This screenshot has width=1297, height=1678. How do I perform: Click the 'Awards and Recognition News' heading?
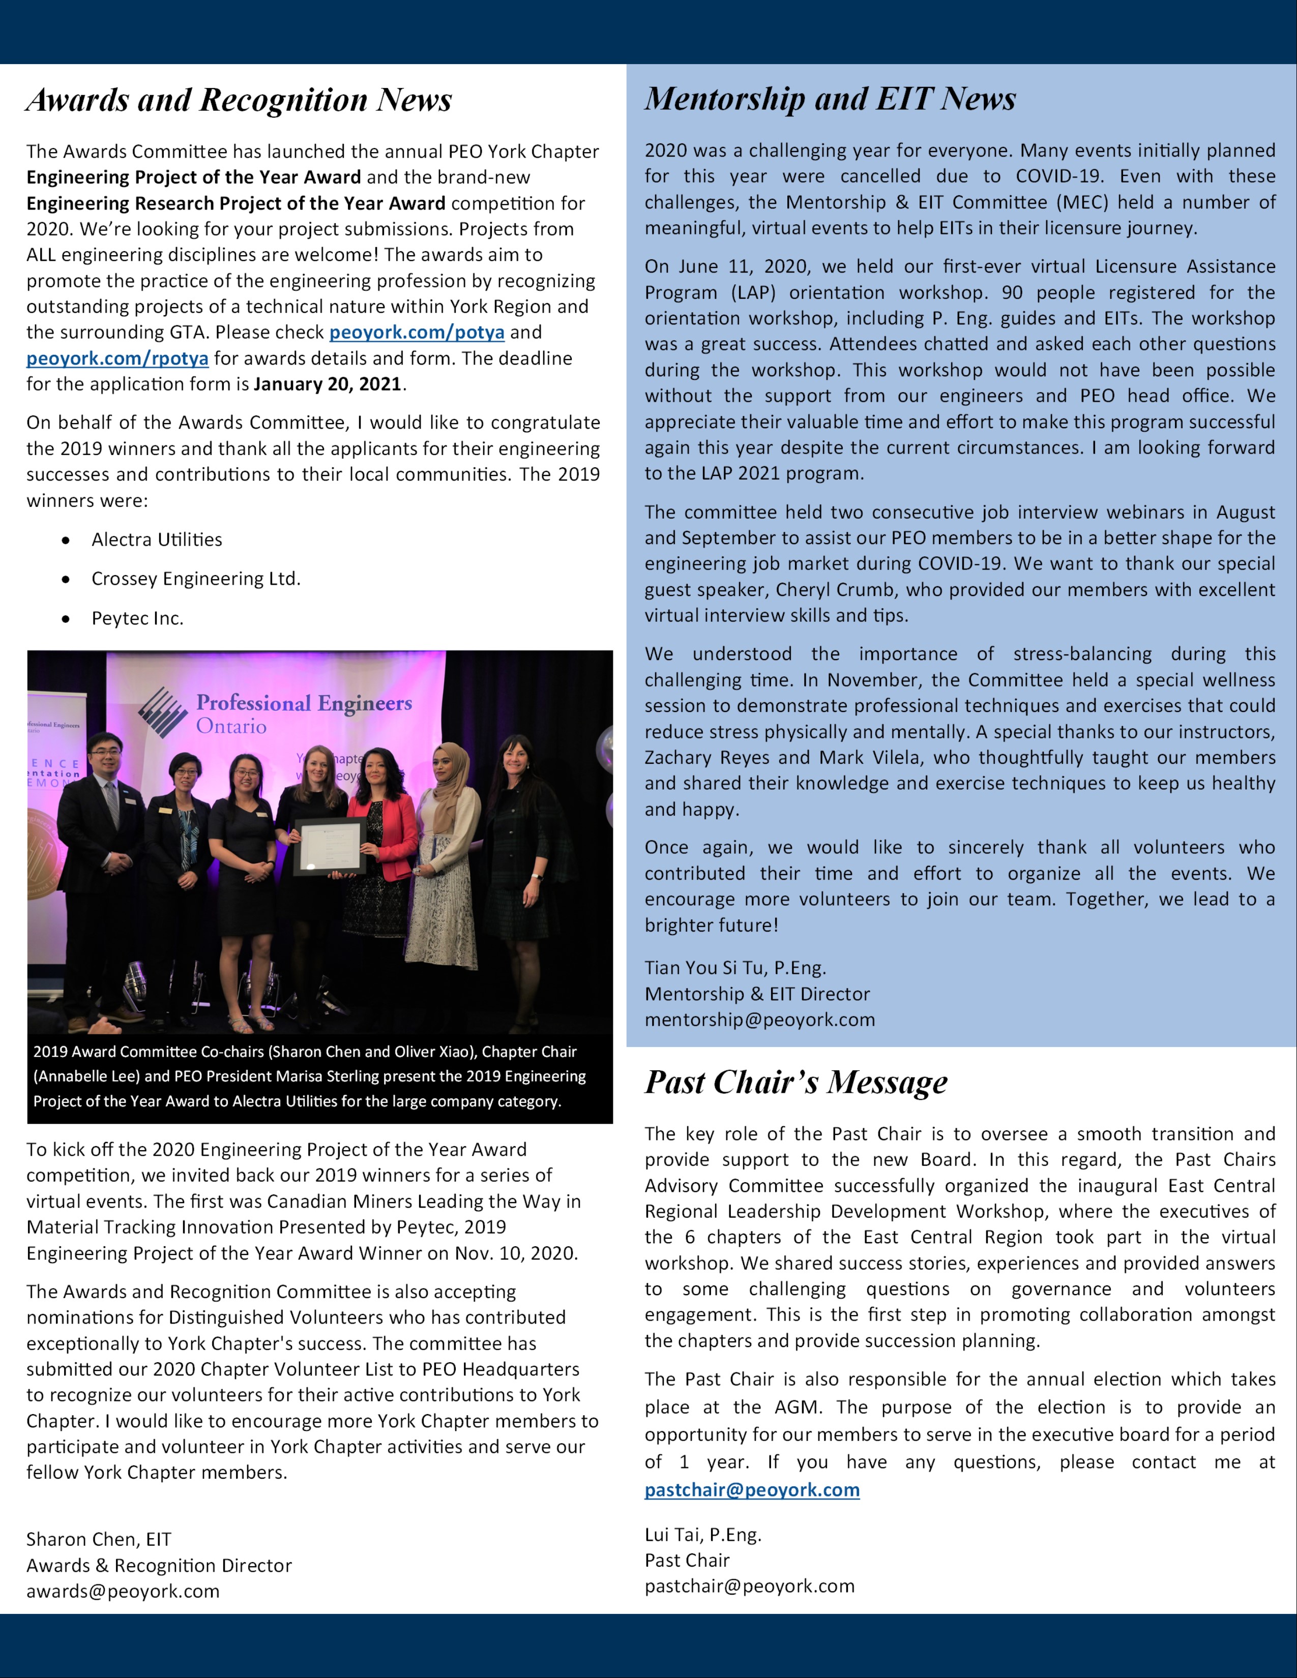(x=239, y=101)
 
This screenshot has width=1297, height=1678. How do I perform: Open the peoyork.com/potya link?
(x=417, y=333)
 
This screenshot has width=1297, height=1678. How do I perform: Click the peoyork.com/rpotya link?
(x=117, y=359)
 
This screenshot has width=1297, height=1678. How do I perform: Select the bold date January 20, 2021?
(x=328, y=384)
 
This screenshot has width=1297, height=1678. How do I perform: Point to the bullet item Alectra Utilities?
(x=157, y=540)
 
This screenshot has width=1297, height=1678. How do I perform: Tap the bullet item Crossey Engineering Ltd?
(x=196, y=579)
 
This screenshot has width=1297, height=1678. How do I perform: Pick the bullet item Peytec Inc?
(x=137, y=618)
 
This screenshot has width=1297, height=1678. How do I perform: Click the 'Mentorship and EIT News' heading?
(x=830, y=99)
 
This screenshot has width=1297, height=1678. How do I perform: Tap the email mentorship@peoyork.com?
(x=760, y=1021)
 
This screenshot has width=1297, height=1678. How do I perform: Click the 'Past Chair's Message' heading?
(x=796, y=1083)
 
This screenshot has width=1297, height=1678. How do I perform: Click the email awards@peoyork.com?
(x=123, y=1591)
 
